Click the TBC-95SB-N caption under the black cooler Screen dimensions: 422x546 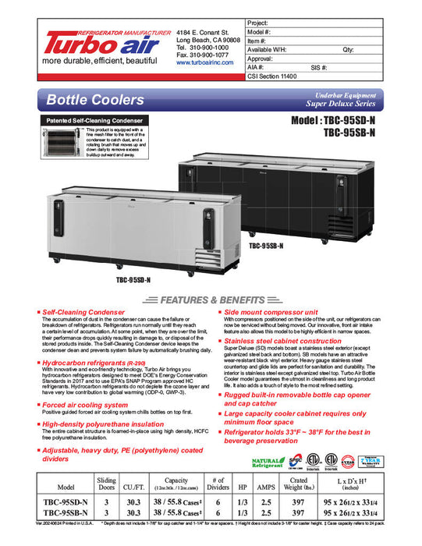pos(266,245)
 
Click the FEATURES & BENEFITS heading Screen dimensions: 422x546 pos(211,300)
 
